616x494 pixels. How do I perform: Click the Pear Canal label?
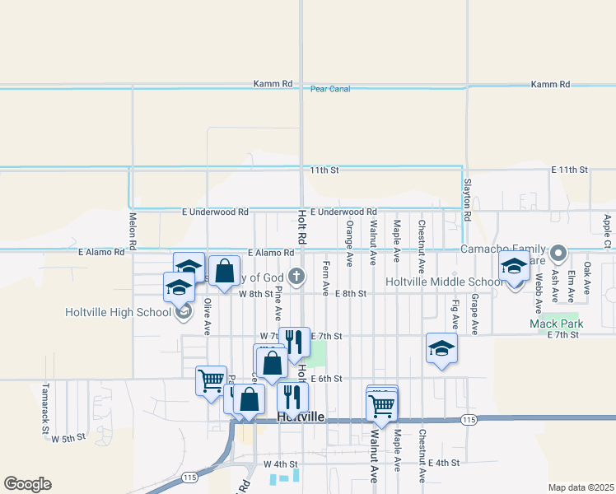pos(331,89)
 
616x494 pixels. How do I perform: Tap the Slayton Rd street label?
pos(467,200)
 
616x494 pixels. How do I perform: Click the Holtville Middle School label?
pos(444,282)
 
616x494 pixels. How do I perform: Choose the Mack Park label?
pos(556,324)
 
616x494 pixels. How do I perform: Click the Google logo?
pos(27,484)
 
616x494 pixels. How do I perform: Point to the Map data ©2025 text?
pos(581,487)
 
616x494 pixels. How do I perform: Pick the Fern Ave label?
pos(326,278)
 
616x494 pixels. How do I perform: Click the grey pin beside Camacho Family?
pos(558,252)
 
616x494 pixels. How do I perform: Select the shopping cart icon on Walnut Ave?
pos(381,405)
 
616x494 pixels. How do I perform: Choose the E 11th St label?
pos(570,170)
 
